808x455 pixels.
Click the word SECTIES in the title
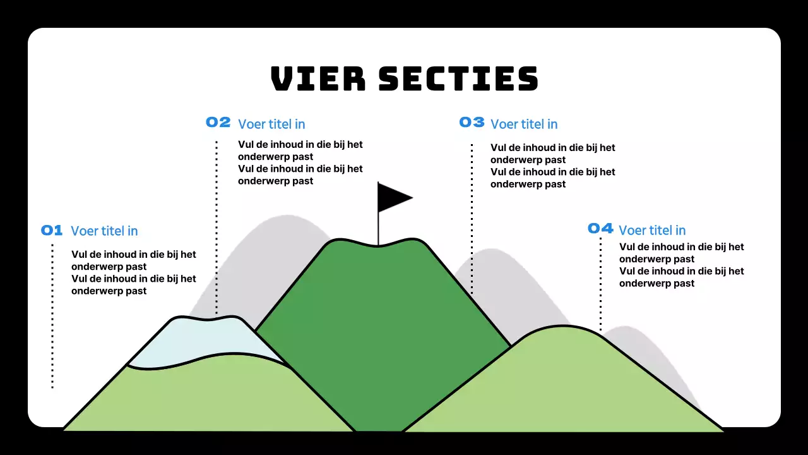pos(458,79)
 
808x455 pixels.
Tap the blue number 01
pos(52,231)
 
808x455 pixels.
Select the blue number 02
pos(218,123)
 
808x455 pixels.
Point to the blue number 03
pos(472,123)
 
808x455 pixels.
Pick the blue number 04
pos(600,228)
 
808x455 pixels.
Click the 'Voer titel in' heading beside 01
pos(104,231)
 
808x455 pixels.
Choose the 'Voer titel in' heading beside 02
pos(271,124)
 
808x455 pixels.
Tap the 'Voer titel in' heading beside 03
pos(524,124)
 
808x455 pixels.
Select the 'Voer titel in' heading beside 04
pos(652,231)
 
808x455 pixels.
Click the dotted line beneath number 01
pos(52,316)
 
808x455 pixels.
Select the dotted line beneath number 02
pos(217,227)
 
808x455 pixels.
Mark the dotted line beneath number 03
pos(472,218)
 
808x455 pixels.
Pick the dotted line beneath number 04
pos(600,284)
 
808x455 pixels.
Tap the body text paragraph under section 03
pos(552,166)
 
